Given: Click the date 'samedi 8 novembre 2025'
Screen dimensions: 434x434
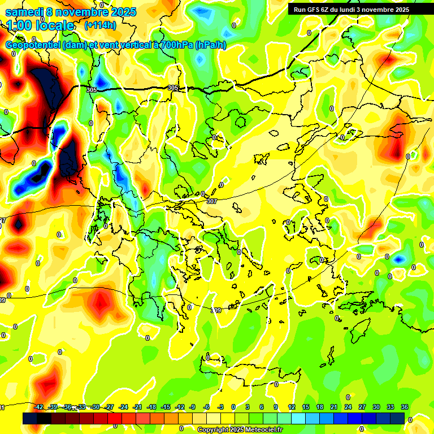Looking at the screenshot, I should tap(71, 12).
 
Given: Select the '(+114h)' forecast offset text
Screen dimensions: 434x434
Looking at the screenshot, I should tap(100, 25).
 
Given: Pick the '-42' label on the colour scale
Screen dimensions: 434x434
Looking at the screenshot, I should tap(39, 407).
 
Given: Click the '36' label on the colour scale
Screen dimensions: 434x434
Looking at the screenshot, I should tap(405, 407).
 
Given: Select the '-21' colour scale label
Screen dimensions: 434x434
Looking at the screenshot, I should tap(137, 407).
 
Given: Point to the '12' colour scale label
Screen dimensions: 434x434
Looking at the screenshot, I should tap(292, 407).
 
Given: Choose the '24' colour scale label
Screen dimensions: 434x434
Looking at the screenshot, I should tap(348, 407).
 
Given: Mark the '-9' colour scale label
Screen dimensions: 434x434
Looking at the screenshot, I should tap(193, 407).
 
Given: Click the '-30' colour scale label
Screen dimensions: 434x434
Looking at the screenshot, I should tap(96, 407).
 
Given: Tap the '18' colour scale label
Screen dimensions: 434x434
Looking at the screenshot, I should tap(320, 407).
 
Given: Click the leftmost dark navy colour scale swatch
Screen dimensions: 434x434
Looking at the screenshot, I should tap(30, 418).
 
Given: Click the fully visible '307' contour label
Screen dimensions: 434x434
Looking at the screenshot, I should tap(212, 201).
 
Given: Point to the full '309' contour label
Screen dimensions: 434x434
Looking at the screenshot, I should tap(216, 310).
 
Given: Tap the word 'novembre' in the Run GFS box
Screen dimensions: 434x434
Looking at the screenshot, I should tap(371, 9).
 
